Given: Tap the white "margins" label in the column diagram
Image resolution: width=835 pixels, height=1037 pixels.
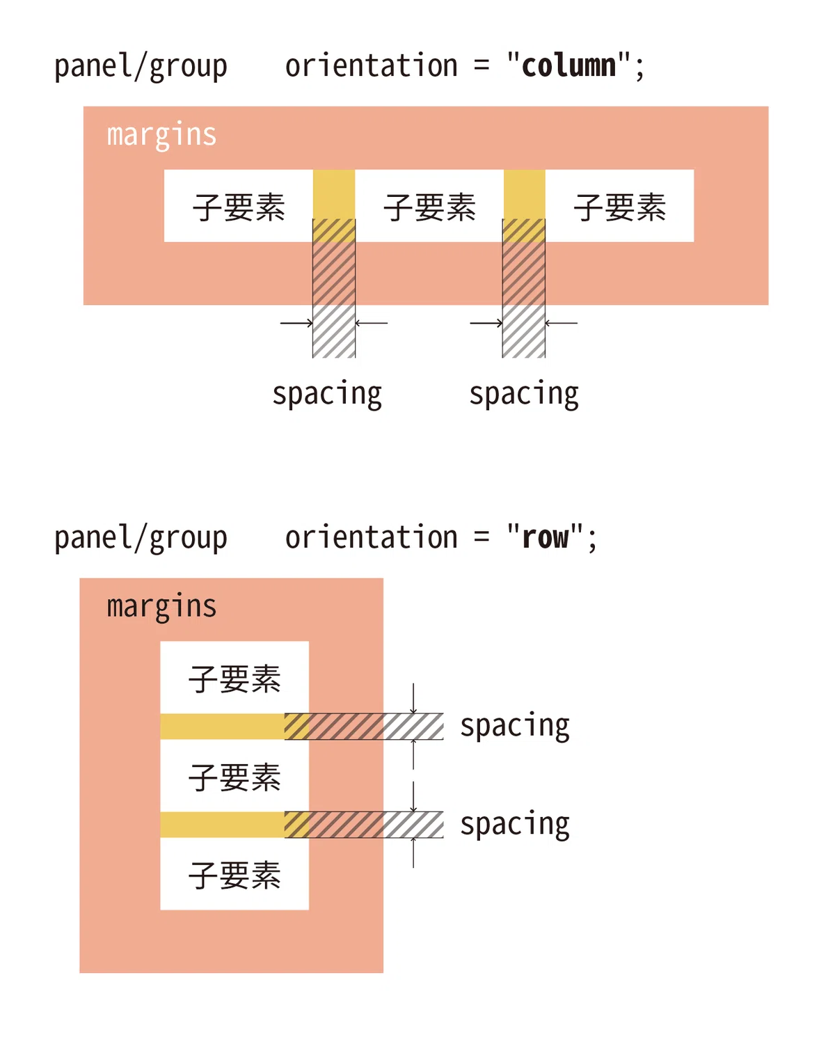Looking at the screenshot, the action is point(161,136).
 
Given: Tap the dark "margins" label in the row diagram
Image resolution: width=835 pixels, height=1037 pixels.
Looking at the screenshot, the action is point(161,607).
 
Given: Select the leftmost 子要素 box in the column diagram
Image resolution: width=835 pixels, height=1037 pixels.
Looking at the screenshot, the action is point(239,206).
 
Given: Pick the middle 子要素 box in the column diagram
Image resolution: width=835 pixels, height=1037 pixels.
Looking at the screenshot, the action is point(429,206).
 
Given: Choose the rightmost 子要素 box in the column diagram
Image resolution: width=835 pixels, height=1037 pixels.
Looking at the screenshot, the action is point(619,206).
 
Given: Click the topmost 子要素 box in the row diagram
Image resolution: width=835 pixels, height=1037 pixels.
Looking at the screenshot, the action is point(234,677).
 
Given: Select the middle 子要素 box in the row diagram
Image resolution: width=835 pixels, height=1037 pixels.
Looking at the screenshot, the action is point(234,776).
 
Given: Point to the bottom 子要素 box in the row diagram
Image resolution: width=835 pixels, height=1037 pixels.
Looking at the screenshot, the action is point(234,874).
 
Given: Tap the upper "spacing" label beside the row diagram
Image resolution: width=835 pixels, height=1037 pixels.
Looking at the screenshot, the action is point(515,727).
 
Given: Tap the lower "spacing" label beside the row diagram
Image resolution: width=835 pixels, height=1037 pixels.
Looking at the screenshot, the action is point(515,825).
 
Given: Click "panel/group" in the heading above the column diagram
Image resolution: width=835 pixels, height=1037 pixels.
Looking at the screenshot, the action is point(141,67).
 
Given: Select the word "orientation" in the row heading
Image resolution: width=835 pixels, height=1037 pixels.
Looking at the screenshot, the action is point(371,538).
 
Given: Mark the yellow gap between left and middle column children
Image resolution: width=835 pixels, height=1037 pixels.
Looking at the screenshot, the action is point(334,206).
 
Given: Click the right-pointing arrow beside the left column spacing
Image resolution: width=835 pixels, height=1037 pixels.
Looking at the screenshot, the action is point(296,324).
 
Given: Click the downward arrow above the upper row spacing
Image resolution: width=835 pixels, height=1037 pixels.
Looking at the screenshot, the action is point(413,699).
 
